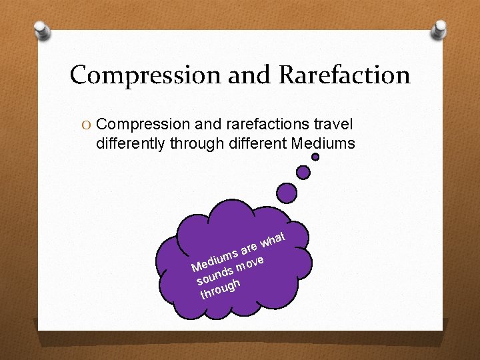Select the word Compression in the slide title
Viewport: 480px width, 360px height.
(145, 75)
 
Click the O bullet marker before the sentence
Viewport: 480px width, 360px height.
(85, 124)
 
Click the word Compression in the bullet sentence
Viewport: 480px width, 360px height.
(143, 124)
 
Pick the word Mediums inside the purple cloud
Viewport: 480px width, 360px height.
(214, 261)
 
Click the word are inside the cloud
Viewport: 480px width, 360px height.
(250, 247)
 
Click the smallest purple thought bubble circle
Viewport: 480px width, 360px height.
(315, 157)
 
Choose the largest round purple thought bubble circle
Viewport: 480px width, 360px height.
(287, 194)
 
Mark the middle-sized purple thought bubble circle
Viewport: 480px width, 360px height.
(303, 172)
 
